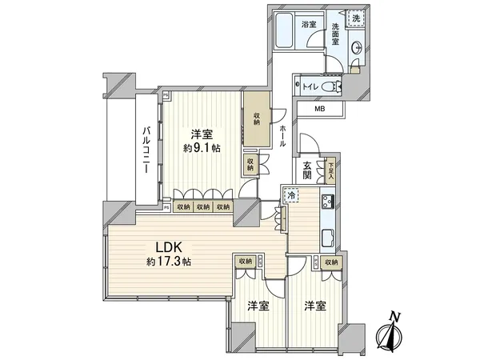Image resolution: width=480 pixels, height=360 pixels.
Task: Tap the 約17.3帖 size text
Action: point(168,262)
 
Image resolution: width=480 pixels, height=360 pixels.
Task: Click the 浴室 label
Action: point(309,25)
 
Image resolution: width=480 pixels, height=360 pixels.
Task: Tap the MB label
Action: point(320,109)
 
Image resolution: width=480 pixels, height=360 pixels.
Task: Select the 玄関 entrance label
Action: point(307,170)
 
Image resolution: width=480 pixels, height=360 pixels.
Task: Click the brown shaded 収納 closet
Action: point(256,119)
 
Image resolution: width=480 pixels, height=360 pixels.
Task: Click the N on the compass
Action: point(392,318)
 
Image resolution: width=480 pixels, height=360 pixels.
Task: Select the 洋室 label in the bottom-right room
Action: point(314,306)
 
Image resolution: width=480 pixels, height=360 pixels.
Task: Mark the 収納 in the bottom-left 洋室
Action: point(244,262)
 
